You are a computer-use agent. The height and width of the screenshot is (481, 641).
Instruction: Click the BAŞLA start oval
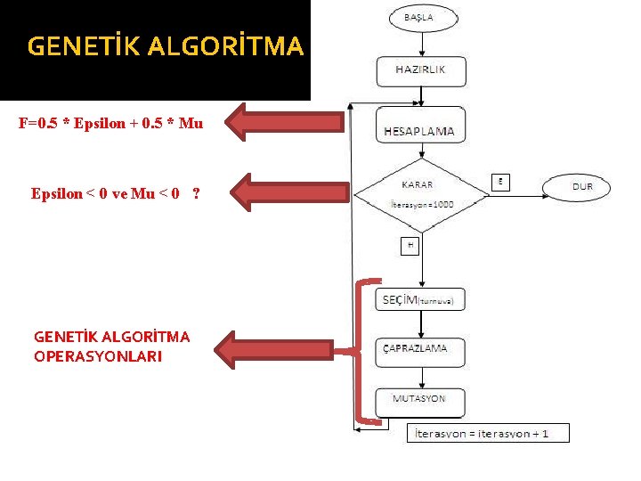pos(422,17)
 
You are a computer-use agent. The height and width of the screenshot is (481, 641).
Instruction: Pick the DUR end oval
pos(582,187)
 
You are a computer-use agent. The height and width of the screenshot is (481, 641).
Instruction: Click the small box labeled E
pos(501,181)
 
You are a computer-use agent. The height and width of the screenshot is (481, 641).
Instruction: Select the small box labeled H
pos(410,245)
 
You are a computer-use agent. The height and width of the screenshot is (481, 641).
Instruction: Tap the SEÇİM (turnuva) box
pos(421,300)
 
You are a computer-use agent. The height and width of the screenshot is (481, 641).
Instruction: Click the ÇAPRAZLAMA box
pos(421,348)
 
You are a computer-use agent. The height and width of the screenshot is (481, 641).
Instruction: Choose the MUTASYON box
pos(421,399)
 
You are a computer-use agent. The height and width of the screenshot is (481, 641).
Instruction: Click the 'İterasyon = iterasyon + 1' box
pos(488,434)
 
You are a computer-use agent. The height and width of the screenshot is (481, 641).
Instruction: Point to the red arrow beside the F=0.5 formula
pos(285,123)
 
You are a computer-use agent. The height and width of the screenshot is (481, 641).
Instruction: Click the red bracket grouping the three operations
pos(359,351)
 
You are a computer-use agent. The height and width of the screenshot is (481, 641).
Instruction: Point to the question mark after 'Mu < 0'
pos(195,193)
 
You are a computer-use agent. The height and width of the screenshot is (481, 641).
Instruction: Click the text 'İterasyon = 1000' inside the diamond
pos(423,204)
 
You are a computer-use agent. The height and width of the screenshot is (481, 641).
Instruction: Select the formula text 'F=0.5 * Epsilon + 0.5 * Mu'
pos(110,123)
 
